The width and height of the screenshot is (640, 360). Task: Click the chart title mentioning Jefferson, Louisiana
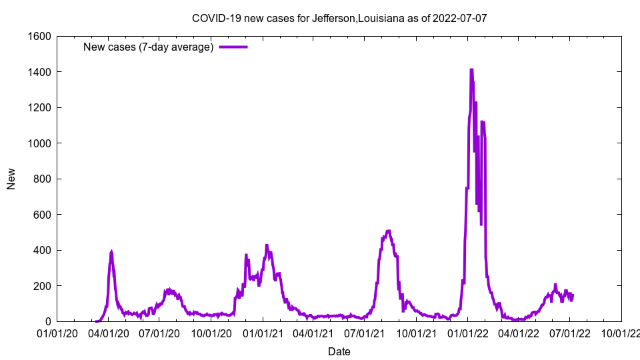(x=339, y=18)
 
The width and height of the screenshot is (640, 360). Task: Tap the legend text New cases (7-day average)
(x=148, y=47)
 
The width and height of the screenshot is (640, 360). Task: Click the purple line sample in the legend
(x=233, y=47)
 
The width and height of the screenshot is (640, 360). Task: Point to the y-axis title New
(x=11, y=179)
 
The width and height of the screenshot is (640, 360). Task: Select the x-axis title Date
(x=339, y=351)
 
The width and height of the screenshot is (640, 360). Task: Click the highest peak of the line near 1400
(x=471, y=69)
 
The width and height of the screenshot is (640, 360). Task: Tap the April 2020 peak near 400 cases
(x=111, y=252)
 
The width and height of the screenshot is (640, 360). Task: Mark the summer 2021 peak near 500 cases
(x=389, y=231)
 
